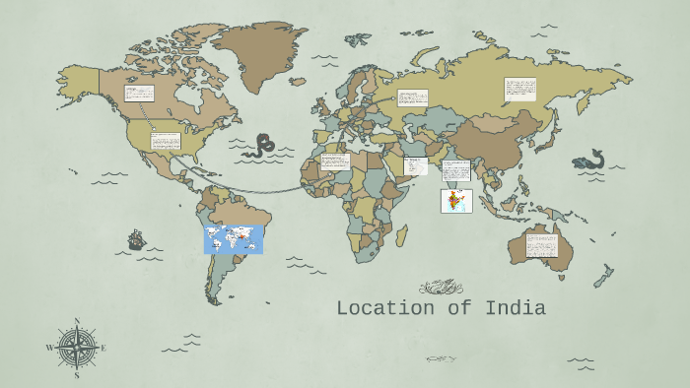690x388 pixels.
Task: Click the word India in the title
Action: (x=515, y=308)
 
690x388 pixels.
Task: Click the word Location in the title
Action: (x=387, y=308)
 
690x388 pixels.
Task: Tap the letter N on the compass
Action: (x=77, y=321)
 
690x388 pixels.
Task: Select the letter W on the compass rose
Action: (x=49, y=348)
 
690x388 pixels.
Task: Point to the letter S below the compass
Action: (x=77, y=375)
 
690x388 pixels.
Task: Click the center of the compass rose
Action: (x=77, y=348)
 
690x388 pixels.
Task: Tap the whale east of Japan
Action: (x=589, y=160)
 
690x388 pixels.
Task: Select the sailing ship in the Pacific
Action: (x=136, y=239)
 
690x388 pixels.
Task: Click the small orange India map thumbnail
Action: (x=456, y=201)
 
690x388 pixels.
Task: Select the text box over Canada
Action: (x=139, y=94)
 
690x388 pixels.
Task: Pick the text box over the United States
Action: (x=166, y=140)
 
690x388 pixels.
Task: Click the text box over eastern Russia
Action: (x=520, y=89)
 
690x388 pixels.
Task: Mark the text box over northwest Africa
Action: (x=334, y=162)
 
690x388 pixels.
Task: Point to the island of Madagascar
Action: (x=401, y=235)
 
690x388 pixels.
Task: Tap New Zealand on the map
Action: (x=602, y=277)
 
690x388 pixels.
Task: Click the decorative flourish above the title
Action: (x=440, y=288)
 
